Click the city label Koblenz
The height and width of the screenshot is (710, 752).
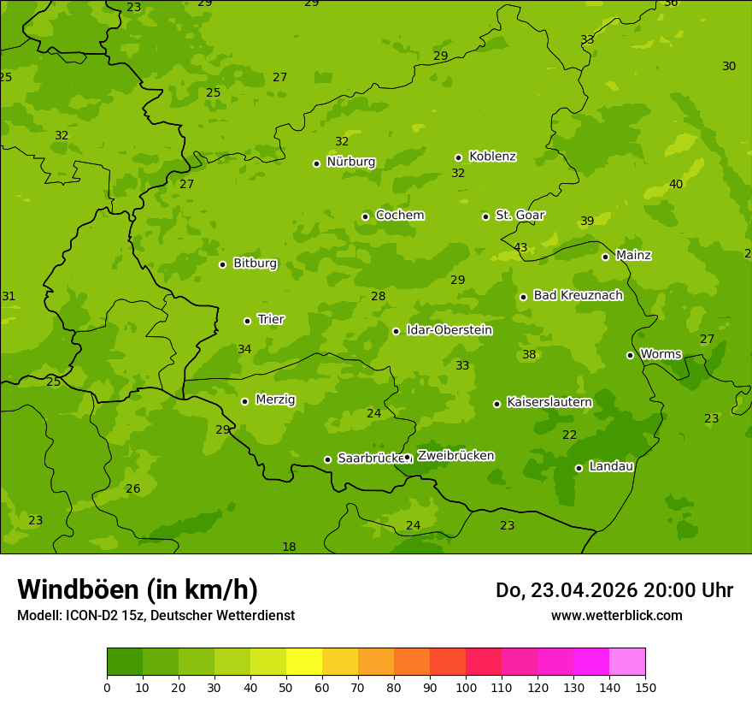coord(492,157)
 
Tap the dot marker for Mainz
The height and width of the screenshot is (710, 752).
coord(605,257)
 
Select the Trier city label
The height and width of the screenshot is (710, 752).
coord(271,319)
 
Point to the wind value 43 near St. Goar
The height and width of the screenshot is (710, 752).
coord(520,247)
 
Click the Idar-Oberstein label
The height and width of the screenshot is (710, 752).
coord(449,330)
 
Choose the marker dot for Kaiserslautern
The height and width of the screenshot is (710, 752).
coord(496,404)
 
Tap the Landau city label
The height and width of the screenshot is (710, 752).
coord(611,466)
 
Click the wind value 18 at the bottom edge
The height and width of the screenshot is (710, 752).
coord(289,547)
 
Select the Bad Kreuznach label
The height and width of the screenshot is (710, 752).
coord(578,295)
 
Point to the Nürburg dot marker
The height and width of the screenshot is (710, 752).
coord(316,163)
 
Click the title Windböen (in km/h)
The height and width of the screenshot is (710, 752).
coord(138,589)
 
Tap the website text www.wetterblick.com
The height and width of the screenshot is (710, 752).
coord(616,615)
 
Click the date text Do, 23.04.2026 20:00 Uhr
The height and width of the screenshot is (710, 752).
coord(614,590)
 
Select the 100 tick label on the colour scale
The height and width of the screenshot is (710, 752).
coord(466,687)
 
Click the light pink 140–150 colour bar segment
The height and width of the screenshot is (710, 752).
coord(627,662)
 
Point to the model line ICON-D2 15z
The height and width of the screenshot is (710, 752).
coord(156,615)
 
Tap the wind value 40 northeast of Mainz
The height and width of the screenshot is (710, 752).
coord(676,184)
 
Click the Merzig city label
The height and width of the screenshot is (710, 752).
coord(275,399)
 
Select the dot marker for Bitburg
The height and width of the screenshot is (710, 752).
coord(222,264)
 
